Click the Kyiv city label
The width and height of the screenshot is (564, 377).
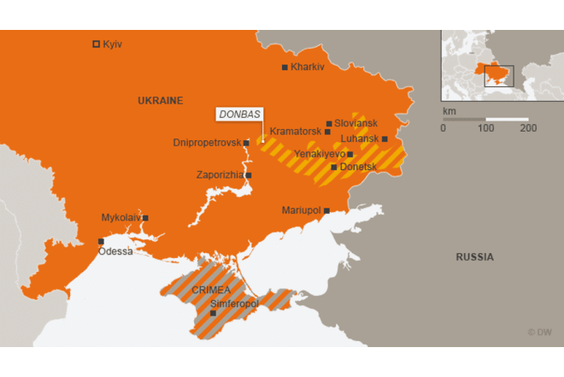tap(112, 44)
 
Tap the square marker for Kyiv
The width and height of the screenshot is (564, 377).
tap(96, 44)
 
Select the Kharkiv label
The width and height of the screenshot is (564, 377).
tap(308, 67)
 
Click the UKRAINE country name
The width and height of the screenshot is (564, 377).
tap(160, 101)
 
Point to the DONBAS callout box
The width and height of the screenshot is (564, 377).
tap(240, 114)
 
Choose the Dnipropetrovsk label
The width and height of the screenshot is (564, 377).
tap(207, 143)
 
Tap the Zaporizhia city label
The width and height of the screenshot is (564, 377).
tap(220, 175)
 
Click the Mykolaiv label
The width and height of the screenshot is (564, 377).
tap(120, 218)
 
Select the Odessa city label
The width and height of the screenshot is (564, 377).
tap(115, 251)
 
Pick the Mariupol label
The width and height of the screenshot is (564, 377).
tap(301, 210)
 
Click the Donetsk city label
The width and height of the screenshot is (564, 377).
tap(358, 167)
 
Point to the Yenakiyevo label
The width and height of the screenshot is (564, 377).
tap(320, 154)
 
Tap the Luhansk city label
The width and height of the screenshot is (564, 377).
tap(359, 138)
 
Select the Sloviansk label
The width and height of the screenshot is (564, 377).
tap(355, 123)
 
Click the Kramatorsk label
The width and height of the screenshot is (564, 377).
tap(295, 132)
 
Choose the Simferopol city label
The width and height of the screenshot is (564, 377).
tap(234, 303)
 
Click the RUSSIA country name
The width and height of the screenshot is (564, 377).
tap(474, 256)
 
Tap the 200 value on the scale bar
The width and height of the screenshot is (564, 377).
tap(527, 128)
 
